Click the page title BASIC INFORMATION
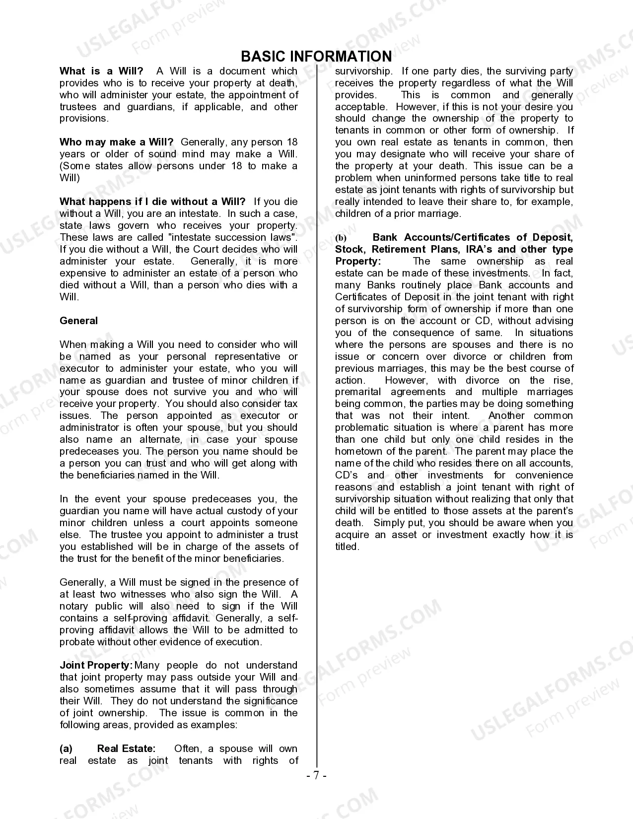316,56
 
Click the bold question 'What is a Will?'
101,71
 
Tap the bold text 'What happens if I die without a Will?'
152,202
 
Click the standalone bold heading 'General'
78,321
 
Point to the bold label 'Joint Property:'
96,666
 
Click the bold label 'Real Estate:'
126,749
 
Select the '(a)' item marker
66,749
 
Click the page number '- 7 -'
316,775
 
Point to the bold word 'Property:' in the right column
358,261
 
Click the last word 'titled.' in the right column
347,546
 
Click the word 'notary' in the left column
73,606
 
